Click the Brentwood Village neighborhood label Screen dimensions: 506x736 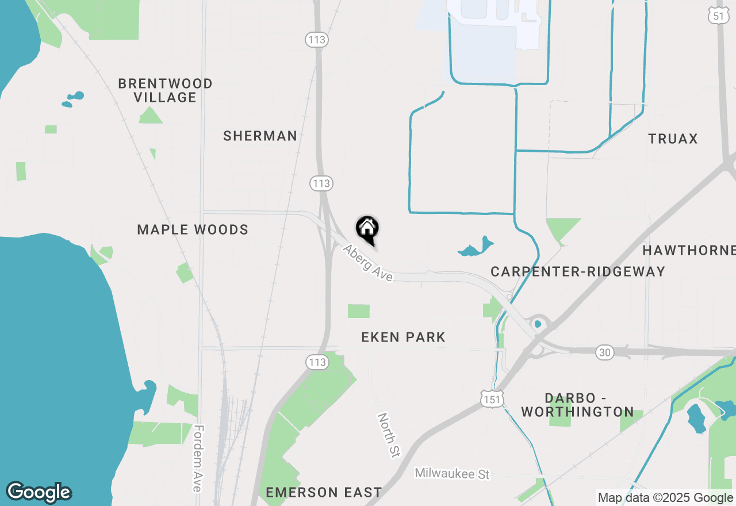(x=166, y=91)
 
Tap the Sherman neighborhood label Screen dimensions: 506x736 (x=260, y=136)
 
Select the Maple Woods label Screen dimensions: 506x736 (x=193, y=230)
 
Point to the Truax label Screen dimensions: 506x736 (x=673, y=139)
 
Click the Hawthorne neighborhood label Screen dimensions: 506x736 (x=689, y=250)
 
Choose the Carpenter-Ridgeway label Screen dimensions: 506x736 (x=577, y=271)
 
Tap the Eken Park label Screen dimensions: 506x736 (x=403, y=337)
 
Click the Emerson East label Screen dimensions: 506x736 (x=324, y=492)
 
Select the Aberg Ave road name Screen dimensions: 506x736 (x=368, y=263)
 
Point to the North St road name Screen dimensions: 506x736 (x=388, y=435)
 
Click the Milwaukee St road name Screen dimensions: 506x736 (x=452, y=474)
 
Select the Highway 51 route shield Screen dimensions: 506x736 (x=719, y=16)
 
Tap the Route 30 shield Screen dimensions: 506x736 (x=604, y=352)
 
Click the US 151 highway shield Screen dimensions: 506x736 (x=493, y=398)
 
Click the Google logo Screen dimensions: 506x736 (x=39, y=492)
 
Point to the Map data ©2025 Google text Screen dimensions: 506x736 (x=665, y=498)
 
